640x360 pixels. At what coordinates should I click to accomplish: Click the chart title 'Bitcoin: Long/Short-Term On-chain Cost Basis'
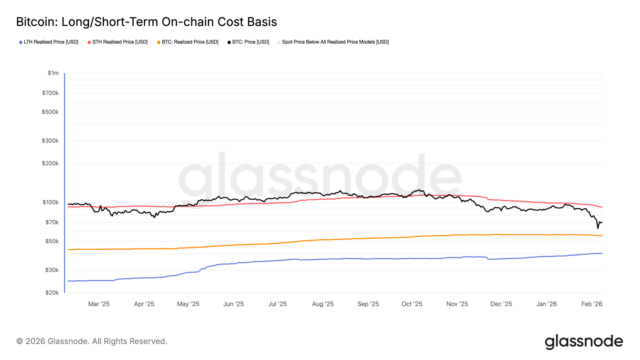(146, 22)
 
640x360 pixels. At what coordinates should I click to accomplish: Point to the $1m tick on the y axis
(53, 73)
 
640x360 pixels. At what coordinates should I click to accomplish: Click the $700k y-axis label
(50, 93)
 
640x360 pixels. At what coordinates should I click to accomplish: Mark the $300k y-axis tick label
(50, 141)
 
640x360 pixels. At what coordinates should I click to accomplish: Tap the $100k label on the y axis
(50, 202)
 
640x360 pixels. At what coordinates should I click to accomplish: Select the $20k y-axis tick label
(52, 293)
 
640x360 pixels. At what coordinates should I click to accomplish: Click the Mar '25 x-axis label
(99, 304)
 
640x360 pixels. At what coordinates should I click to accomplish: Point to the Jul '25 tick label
(277, 304)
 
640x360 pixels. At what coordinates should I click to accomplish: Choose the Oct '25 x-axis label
(412, 304)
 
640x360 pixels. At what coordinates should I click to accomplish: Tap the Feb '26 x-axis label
(592, 304)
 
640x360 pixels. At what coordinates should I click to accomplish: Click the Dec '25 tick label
(501, 304)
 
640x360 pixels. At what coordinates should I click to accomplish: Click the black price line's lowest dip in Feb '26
(598, 228)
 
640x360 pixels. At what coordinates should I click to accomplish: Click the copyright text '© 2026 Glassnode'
(92, 341)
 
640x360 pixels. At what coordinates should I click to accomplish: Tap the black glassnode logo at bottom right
(584, 342)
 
